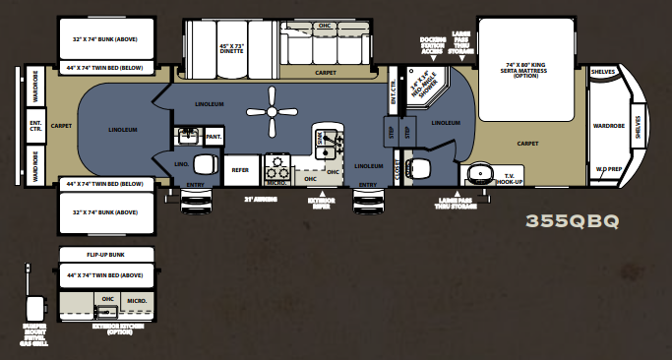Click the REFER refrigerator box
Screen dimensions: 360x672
click(x=239, y=169)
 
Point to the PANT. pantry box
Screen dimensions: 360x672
click(x=213, y=136)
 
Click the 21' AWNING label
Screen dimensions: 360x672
click(x=261, y=199)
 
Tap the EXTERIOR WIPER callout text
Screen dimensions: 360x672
click(x=320, y=205)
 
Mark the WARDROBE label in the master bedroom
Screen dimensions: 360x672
click(x=609, y=126)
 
